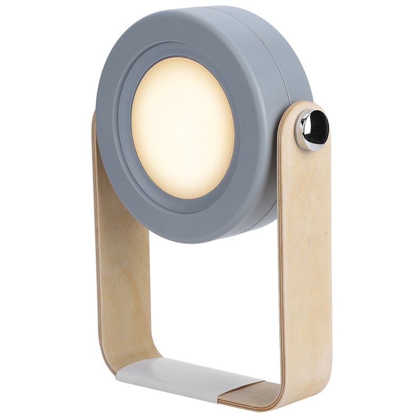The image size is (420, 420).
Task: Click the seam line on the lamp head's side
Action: point(281,79)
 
